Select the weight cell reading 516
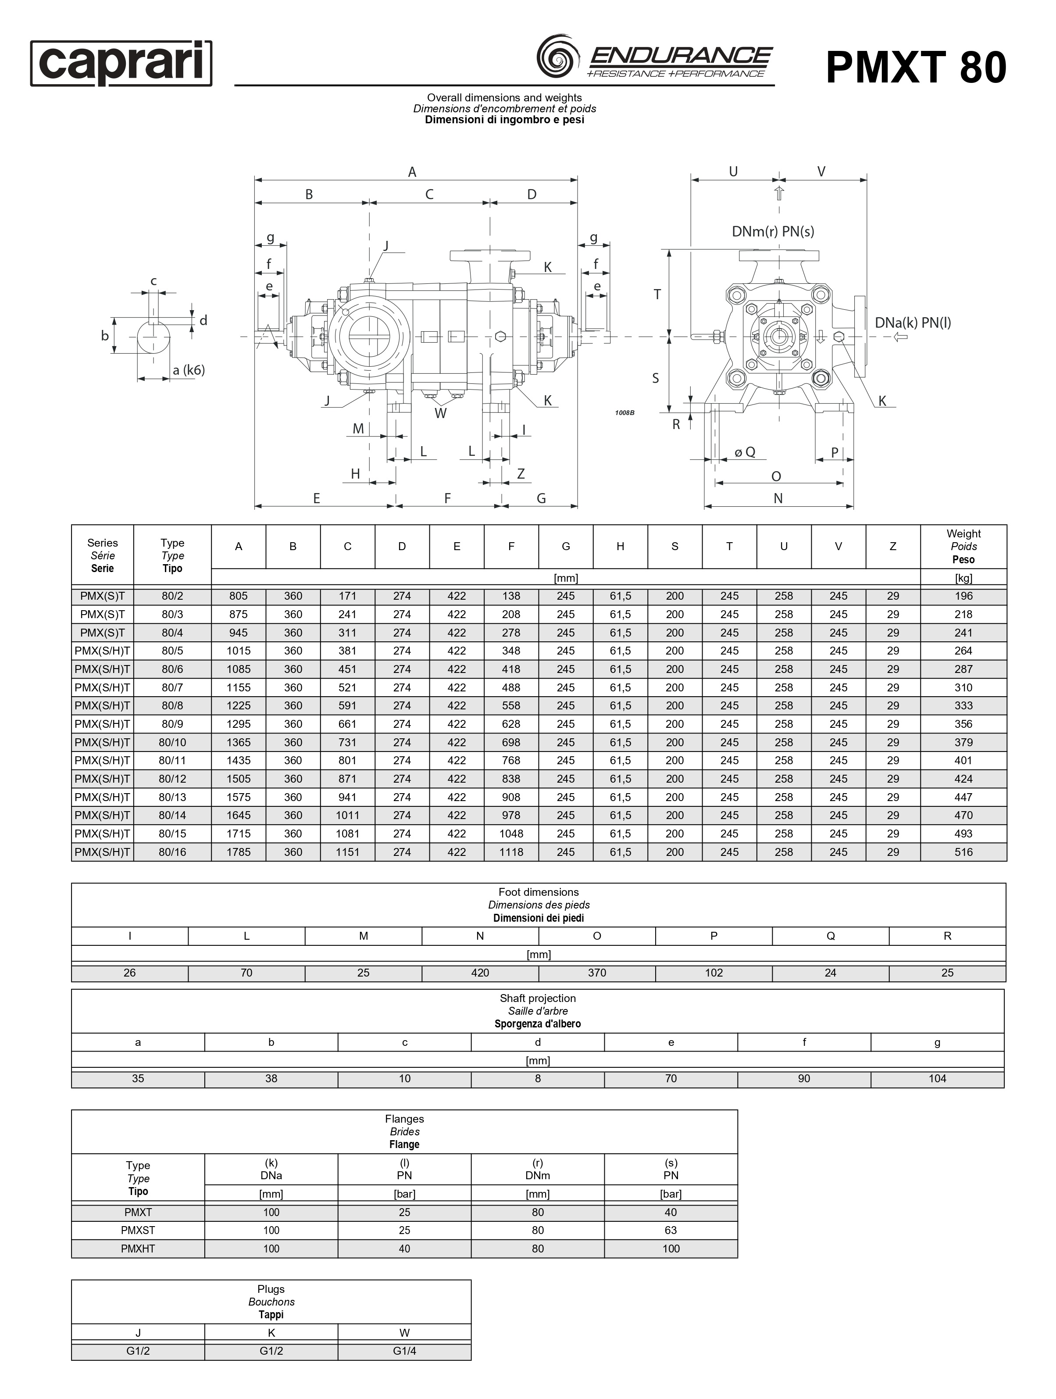(963, 852)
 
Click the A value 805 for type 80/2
(239, 596)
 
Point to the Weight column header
(963, 547)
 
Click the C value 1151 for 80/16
(347, 852)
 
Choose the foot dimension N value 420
(480, 973)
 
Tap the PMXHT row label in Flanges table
(138, 1249)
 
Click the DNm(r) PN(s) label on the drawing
(773, 232)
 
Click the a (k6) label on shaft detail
(189, 370)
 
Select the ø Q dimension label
(745, 452)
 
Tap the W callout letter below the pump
(440, 414)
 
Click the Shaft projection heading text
(538, 998)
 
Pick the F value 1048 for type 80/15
(511, 834)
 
